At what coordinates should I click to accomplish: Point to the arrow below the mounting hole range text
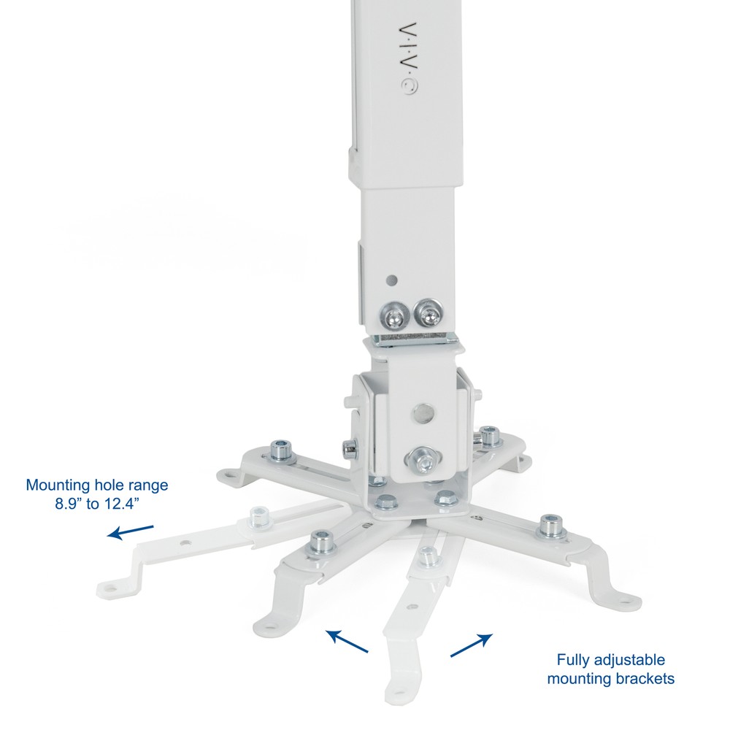[131, 531]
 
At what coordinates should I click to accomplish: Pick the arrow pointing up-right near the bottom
[471, 645]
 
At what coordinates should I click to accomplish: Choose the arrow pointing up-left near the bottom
[347, 642]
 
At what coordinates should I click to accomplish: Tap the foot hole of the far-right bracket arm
[626, 600]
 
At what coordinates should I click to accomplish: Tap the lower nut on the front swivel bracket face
[421, 460]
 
